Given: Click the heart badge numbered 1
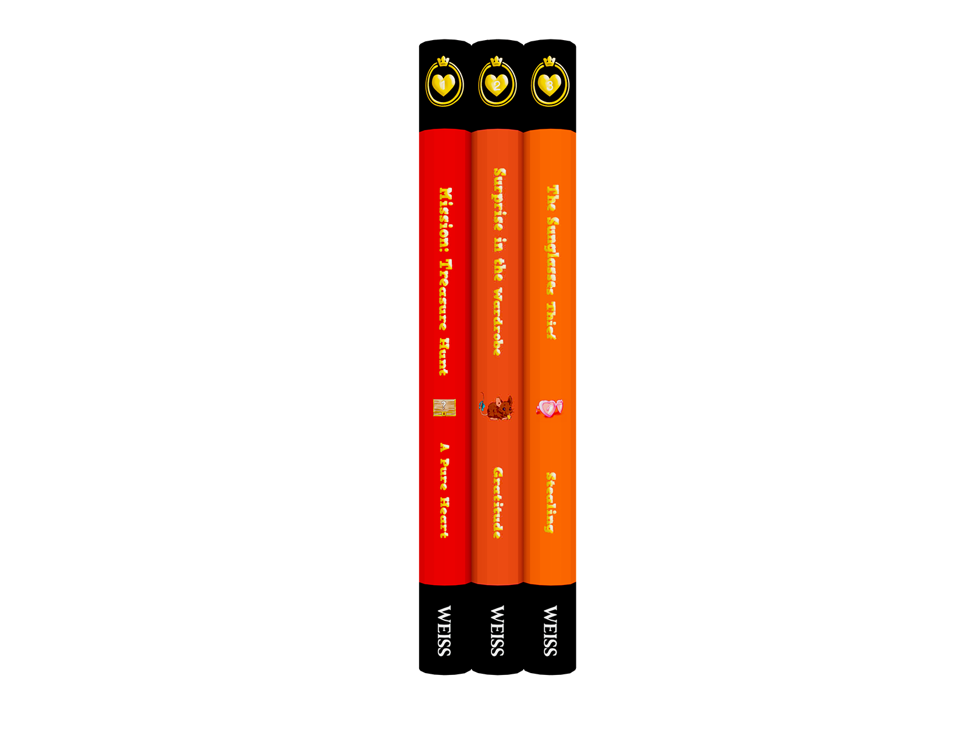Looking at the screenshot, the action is (x=443, y=84).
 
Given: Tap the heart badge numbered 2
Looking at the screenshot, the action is (x=496, y=84).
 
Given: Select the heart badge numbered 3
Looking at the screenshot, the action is (x=549, y=84).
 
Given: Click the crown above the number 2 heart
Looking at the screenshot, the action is (x=496, y=61).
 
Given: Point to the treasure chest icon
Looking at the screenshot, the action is (x=444, y=408).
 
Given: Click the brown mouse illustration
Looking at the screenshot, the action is (x=496, y=407).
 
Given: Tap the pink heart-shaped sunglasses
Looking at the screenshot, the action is (x=550, y=408).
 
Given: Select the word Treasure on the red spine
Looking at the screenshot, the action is (x=445, y=295).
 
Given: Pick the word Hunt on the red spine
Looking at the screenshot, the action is (x=444, y=357).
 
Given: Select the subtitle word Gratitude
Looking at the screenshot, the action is (x=498, y=502).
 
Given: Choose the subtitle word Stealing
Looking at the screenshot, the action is (x=550, y=502).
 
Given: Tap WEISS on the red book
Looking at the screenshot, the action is (x=444, y=631).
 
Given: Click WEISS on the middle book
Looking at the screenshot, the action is (x=497, y=631).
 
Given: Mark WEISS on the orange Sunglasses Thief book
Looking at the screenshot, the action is (x=550, y=631).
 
